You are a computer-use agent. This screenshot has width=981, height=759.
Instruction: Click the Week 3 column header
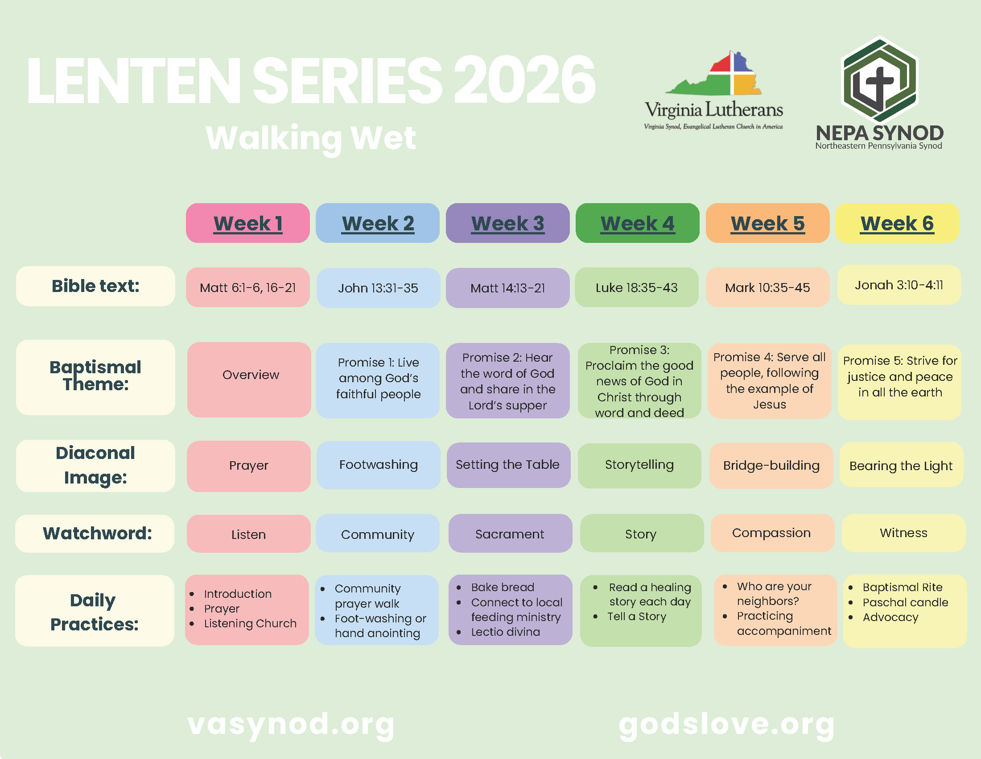click(507, 223)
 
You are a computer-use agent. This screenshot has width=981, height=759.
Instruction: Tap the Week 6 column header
click(897, 223)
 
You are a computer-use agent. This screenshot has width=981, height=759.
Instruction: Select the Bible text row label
click(95, 286)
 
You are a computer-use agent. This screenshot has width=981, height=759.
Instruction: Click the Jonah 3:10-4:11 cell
click(899, 285)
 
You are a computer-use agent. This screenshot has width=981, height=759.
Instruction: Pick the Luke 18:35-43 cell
click(636, 288)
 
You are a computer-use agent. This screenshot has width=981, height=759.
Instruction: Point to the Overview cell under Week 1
click(249, 379)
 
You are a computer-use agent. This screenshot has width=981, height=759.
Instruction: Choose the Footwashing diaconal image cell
click(379, 465)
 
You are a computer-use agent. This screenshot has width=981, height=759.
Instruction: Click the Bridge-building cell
click(771, 466)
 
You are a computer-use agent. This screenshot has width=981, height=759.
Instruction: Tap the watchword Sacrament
click(510, 534)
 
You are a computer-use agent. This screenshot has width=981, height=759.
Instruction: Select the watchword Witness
click(903, 533)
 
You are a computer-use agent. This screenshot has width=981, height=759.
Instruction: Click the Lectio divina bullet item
click(505, 632)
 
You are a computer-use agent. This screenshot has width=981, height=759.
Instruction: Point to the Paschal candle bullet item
click(905, 603)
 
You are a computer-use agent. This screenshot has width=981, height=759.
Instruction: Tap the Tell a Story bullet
click(636, 617)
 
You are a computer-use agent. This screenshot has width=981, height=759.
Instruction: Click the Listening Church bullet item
click(250, 624)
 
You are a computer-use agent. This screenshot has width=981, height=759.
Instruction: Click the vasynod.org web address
click(291, 725)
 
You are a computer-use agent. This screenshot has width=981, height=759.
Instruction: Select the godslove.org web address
click(727, 725)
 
